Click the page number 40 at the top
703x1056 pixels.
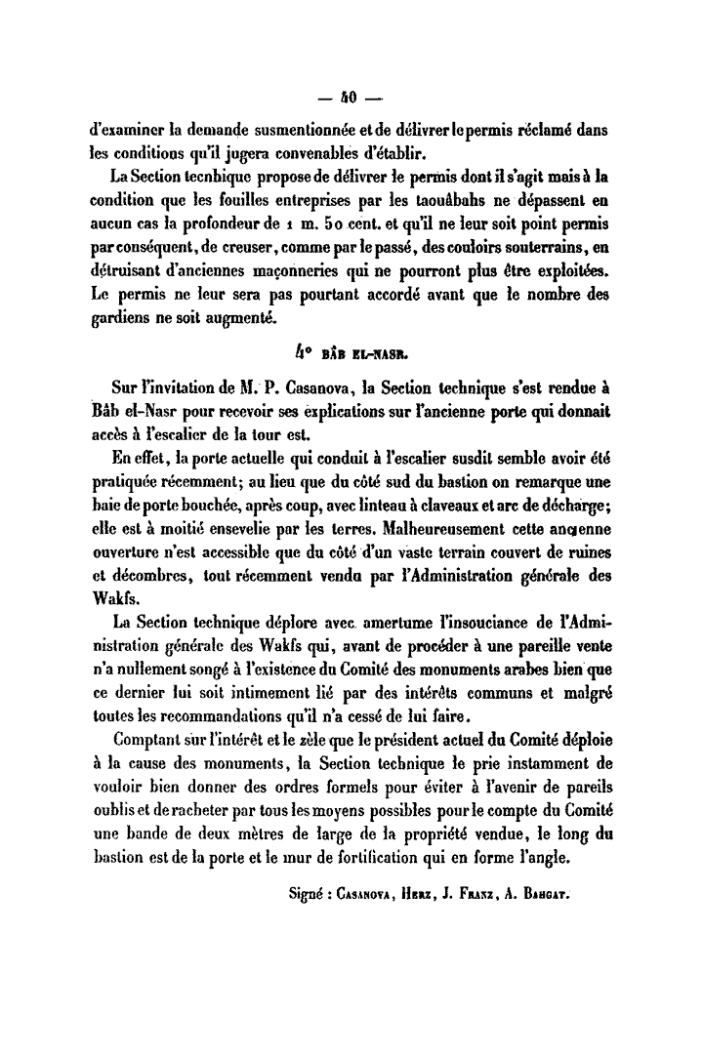(350, 98)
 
